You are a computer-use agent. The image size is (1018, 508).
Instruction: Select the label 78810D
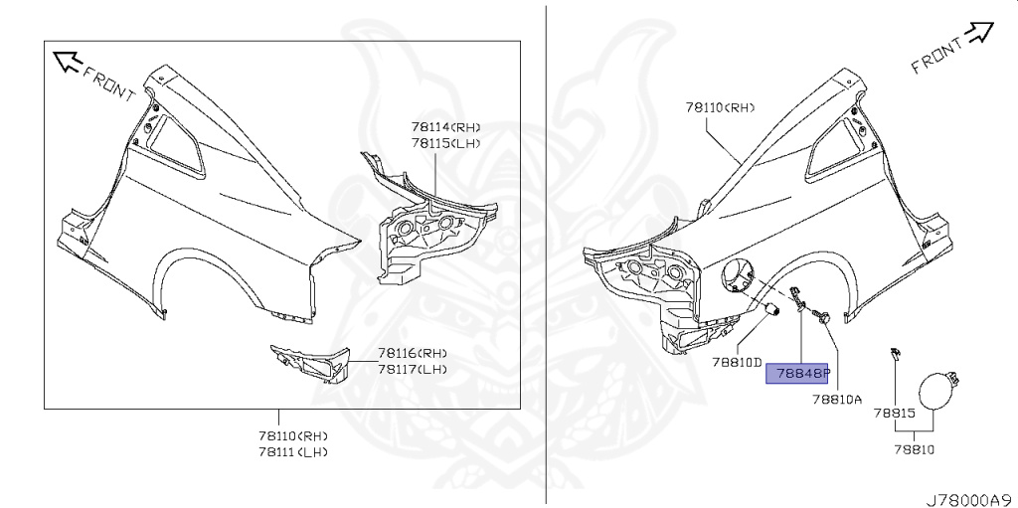(736, 363)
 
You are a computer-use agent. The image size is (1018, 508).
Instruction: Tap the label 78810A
(836, 399)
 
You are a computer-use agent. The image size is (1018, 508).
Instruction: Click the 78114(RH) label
(445, 127)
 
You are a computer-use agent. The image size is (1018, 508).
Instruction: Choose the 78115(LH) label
(445, 143)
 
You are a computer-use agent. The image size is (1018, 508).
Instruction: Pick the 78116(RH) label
(412, 353)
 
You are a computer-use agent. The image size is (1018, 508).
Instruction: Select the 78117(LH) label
(412, 369)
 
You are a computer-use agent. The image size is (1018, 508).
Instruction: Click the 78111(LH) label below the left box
(292, 451)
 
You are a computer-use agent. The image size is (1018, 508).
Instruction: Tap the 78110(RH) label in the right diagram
(721, 106)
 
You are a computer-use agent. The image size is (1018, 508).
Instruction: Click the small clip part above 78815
(895, 353)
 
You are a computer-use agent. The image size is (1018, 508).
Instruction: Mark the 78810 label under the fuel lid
(915, 449)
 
